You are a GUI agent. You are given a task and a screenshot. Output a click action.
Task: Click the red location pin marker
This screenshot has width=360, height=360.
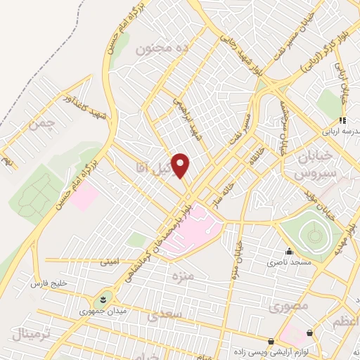(181, 165)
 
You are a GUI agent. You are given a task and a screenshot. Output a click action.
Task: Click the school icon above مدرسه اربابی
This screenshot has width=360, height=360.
(343, 120)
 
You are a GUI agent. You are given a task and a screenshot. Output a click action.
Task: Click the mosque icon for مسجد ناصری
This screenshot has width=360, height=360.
(288, 252)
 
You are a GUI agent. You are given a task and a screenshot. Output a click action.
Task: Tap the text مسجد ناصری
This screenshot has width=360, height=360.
(282, 263)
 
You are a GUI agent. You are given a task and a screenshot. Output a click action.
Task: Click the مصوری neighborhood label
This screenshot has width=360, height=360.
(285, 307)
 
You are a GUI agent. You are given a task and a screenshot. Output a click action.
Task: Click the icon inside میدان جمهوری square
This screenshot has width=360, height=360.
(105, 298)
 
